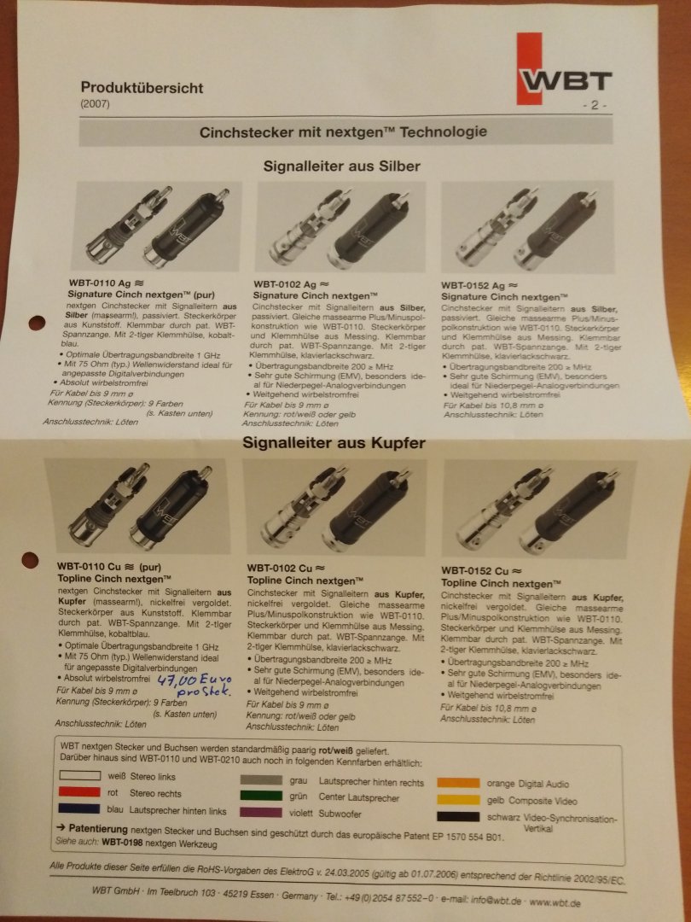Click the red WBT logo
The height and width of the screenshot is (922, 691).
[x=564, y=69]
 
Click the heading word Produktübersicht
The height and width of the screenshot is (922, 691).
[x=142, y=88]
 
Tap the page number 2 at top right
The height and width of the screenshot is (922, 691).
[x=595, y=105]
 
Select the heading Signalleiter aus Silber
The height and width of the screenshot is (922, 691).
[x=341, y=166]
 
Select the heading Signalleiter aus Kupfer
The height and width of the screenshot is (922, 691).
[x=334, y=443]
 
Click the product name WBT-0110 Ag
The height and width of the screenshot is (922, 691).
[x=100, y=283]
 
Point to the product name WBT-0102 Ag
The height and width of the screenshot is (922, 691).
[x=285, y=284]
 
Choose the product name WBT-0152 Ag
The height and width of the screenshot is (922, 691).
[x=473, y=286]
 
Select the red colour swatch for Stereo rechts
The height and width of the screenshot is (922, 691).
[x=79, y=792]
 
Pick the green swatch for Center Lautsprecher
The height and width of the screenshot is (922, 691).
[x=261, y=796]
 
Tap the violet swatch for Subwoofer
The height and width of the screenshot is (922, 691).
[x=261, y=812]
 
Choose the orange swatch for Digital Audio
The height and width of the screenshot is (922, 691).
[x=458, y=783]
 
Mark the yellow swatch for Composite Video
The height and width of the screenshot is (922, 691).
[x=458, y=800]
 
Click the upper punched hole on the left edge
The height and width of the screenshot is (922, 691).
[x=37, y=323]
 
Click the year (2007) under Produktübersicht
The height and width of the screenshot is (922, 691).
[x=96, y=104]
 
